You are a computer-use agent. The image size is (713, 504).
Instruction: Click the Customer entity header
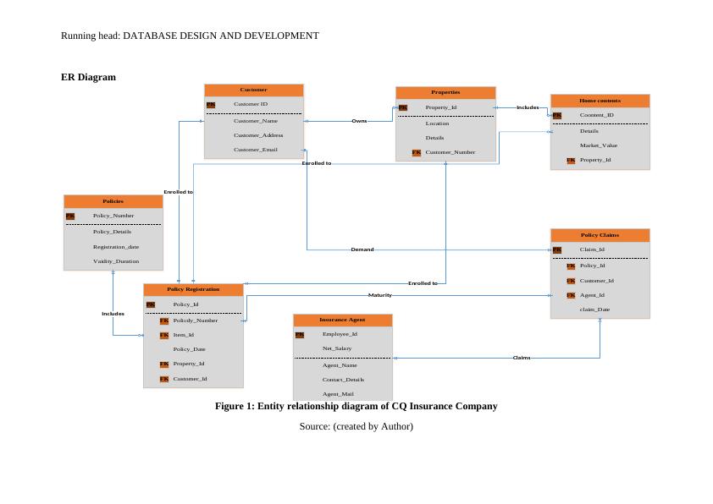point(253,90)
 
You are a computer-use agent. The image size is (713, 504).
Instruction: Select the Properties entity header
point(445,92)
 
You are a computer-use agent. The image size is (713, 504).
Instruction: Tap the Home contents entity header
point(600,101)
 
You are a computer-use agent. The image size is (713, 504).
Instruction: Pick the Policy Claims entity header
point(600,234)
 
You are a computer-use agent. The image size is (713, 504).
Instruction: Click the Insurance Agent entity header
point(342,320)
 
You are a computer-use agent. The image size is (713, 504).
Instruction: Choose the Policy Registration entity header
point(193,289)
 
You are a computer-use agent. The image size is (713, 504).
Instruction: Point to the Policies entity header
point(113,201)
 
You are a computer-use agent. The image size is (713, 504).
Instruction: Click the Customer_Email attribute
point(255,150)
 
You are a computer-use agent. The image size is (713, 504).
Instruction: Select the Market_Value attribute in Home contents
point(598,145)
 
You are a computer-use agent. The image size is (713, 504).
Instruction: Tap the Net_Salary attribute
point(336,348)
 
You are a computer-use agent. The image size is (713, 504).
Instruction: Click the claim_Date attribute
point(594,310)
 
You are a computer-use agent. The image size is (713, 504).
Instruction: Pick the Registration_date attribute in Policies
point(115,247)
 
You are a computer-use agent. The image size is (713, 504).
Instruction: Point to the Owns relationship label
point(359,121)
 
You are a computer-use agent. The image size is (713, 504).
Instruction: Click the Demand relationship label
point(362,249)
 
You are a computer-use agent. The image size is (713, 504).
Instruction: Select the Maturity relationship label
point(379,295)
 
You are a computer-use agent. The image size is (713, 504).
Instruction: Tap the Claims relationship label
point(522,358)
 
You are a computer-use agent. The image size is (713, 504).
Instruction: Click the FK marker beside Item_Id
point(164,335)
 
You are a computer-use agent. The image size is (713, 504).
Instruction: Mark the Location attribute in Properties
point(437,123)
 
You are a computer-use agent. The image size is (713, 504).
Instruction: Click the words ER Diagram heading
point(88,77)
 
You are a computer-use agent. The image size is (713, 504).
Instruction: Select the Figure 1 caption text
point(356,406)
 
